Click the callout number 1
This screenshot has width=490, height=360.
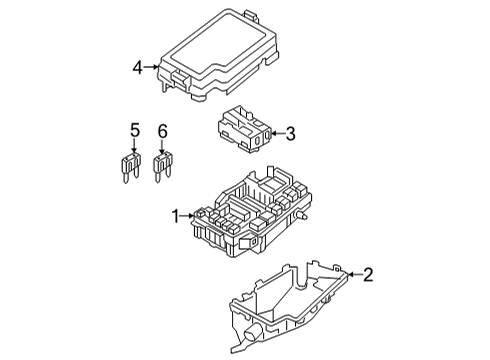175,216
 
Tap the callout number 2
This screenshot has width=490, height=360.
368,275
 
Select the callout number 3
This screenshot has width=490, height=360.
291,134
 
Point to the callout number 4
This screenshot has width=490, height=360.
138,68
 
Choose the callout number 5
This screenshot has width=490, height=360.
135,131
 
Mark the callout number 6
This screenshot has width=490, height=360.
162,131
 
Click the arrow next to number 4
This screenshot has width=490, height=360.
151,67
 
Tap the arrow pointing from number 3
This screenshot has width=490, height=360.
279,134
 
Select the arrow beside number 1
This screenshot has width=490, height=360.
187,216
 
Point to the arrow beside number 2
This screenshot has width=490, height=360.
355,274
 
